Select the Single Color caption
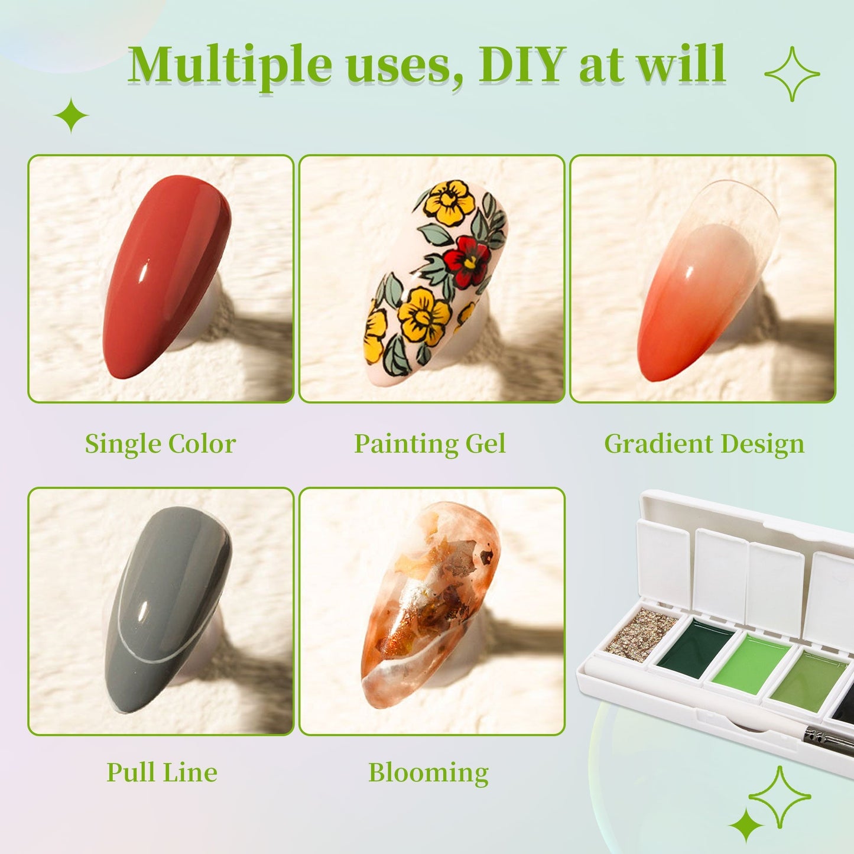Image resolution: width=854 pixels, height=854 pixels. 160,444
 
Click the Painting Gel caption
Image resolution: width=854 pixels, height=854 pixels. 430,444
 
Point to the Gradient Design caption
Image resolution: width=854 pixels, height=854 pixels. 704,444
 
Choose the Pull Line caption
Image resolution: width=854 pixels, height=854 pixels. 161,772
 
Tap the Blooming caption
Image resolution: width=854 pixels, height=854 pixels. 428,772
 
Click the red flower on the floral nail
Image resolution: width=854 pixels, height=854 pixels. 467,260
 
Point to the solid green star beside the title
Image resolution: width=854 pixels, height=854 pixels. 71,115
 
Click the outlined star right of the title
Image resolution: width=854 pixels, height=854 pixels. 792,74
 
